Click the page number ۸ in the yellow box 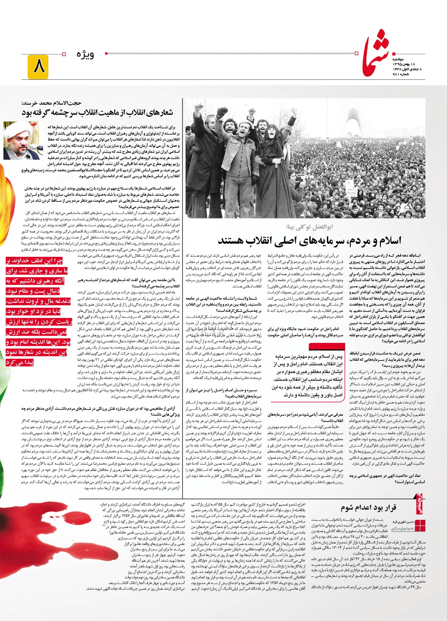click(38, 67)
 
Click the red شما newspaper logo click(377, 54)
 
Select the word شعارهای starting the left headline click(156, 113)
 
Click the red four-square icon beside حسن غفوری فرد click(420, 525)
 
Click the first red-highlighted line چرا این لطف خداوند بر click(35, 261)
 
